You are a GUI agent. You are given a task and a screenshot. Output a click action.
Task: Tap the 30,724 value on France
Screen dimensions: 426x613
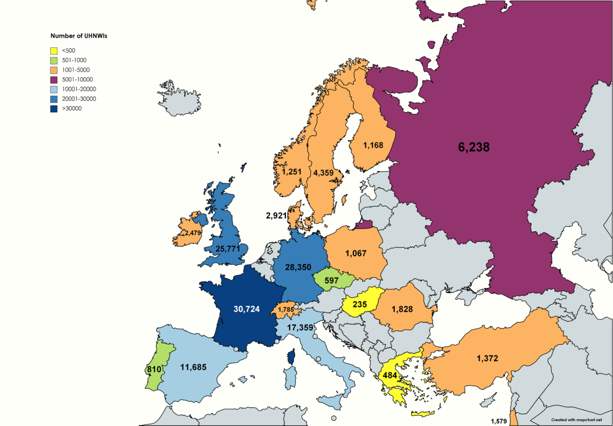coord(246,309)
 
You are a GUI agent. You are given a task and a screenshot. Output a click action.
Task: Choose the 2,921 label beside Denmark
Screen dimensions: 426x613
coord(276,216)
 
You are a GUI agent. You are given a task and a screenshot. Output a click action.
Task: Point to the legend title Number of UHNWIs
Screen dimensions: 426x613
coord(76,36)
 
